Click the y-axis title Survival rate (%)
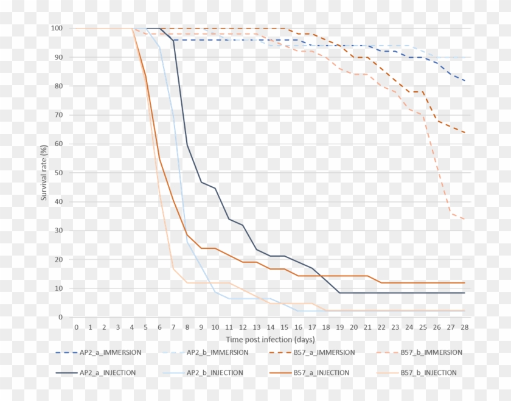pos(44,173)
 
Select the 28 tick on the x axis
pos(465,327)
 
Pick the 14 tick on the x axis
pos(271,327)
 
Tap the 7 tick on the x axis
pos(173,327)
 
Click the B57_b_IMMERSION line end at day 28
pos(465,219)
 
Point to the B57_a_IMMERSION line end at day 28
pos(465,133)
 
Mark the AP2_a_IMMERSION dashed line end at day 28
pos(465,81)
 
